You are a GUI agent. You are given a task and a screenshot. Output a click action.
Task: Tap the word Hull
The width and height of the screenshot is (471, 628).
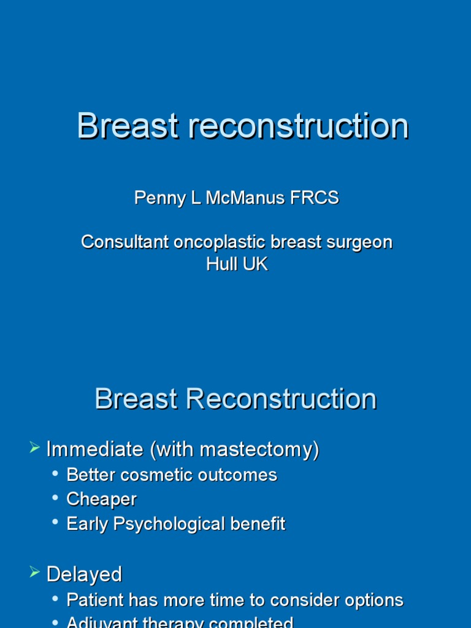point(219,264)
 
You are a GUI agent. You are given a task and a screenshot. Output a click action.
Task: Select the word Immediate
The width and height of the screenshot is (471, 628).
point(95,450)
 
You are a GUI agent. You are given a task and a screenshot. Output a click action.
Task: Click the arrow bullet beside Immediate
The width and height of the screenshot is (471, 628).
point(34,448)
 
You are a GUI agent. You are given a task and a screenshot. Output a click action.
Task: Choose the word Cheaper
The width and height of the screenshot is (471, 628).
point(101,499)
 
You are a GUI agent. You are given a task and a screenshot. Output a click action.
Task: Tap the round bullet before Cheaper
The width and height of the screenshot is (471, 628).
point(56,499)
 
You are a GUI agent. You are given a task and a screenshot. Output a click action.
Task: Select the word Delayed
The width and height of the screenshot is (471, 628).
point(84,574)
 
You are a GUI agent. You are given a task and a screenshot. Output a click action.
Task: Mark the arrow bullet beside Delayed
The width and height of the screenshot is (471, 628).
point(34,573)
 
